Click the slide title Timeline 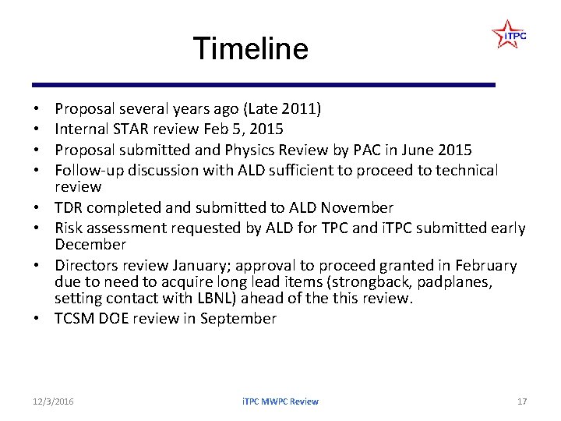(250, 49)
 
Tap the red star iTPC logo (509, 35)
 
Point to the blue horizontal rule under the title (263, 85)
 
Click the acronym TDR (70, 208)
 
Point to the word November (355, 208)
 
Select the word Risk (71, 228)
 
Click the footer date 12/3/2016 (54, 402)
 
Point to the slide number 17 (522, 402)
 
